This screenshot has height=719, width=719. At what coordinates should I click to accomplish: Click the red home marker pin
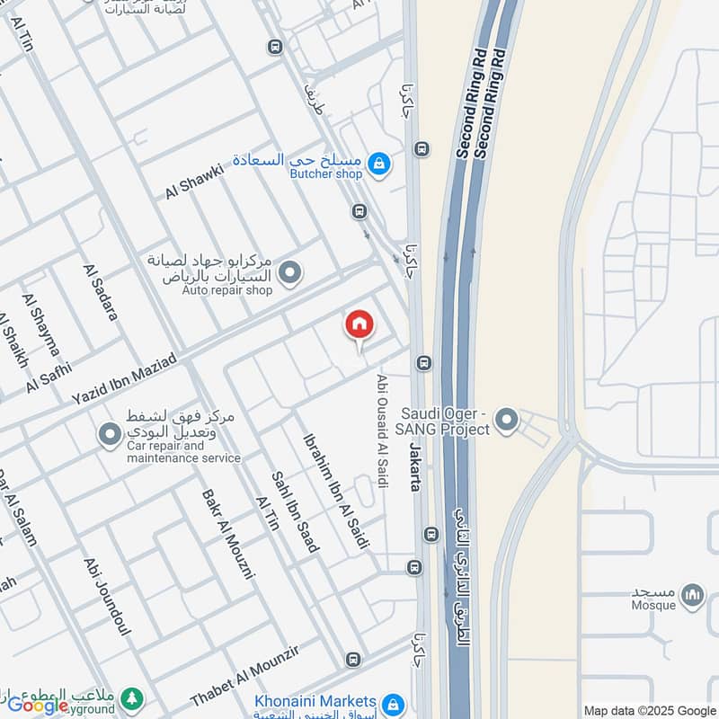(x=359, y=325)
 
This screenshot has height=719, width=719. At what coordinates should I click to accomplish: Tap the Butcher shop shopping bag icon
(x=380, y=164)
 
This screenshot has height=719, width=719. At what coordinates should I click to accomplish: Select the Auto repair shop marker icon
(x=289, y=272)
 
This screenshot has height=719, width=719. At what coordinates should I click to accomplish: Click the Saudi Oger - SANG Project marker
(x=508, y=419)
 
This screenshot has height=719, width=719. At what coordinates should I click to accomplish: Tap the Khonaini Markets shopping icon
(x=392, y=704)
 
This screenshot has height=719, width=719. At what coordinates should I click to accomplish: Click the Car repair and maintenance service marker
(x=110, y=437)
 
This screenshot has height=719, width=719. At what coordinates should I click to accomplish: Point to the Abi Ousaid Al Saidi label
(x=383, y=431)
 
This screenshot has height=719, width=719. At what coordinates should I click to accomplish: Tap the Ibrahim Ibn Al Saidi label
(x=324, y=481)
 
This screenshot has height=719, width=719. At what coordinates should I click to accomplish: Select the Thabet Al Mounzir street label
(x=256, y=674)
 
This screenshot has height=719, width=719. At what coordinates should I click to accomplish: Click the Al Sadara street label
(x=100, y=292)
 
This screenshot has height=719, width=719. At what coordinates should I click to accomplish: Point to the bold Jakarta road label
(x=415, y=466)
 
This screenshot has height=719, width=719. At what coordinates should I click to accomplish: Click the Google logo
(x=38, y=706)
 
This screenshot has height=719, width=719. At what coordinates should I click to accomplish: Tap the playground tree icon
(x=132, y=697)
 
